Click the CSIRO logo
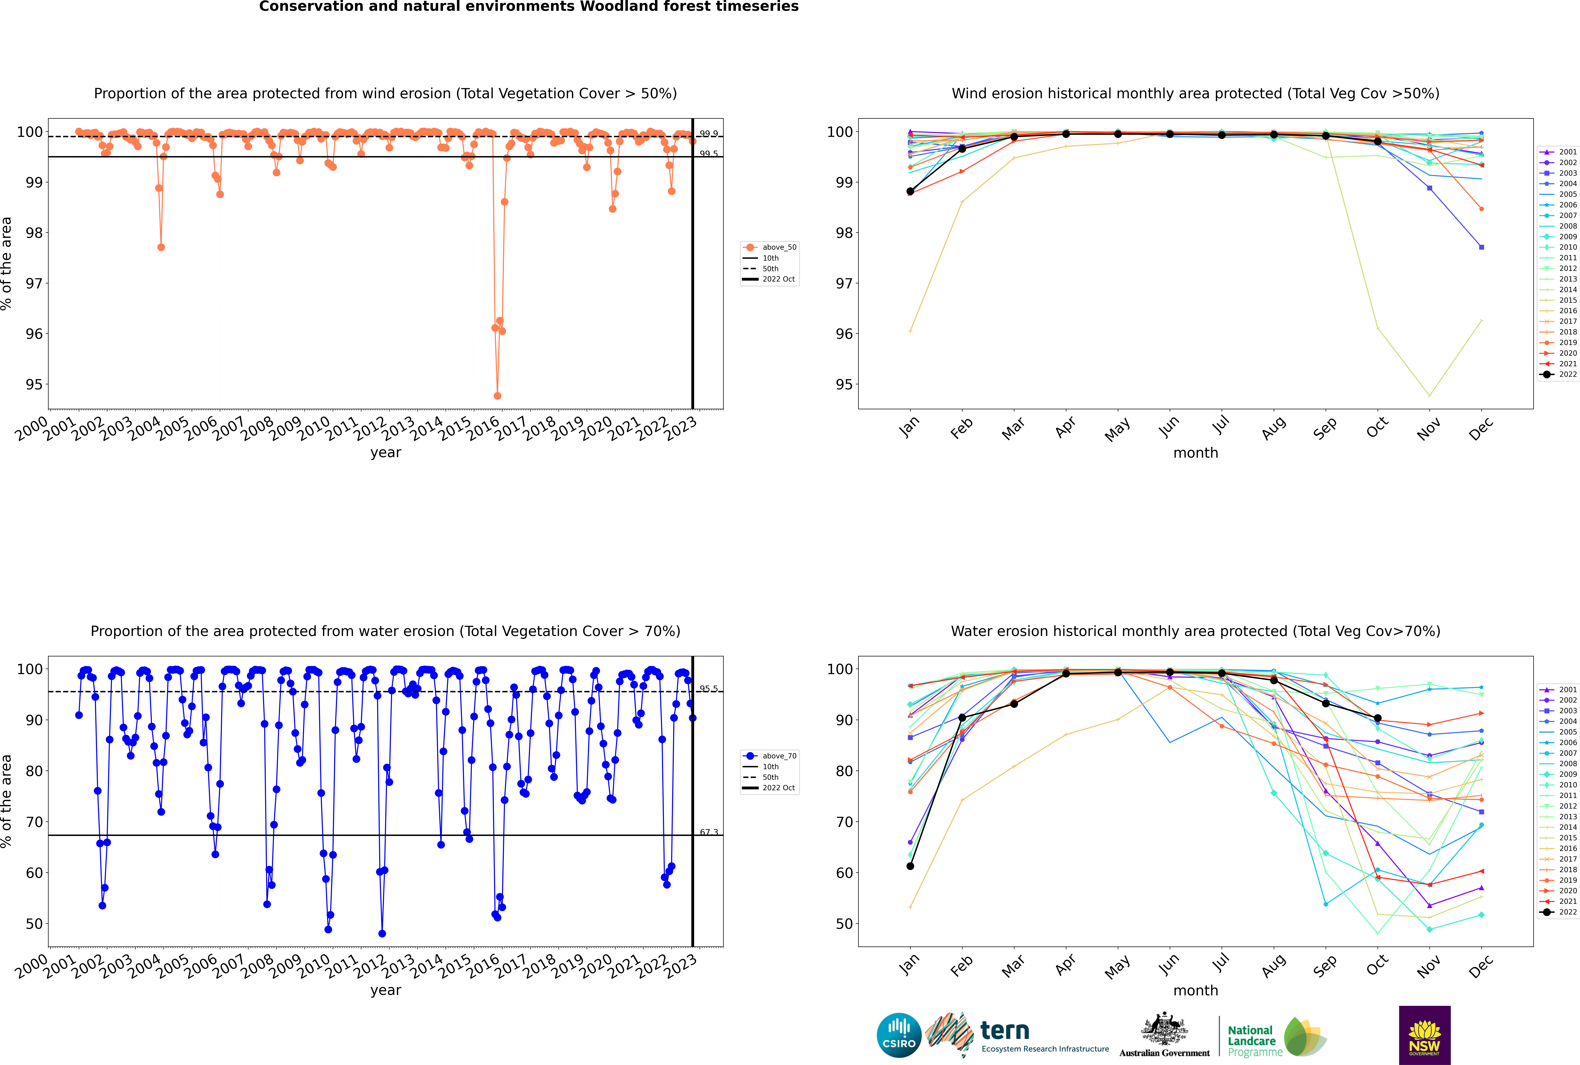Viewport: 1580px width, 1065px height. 899,1035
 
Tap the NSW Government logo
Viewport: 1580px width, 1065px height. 1424,1034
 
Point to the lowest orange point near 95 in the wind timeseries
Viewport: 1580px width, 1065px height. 497,395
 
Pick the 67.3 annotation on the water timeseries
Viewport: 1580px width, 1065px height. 708,832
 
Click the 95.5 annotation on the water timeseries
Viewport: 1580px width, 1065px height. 708,689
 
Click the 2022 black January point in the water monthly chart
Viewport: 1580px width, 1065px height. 910,866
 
